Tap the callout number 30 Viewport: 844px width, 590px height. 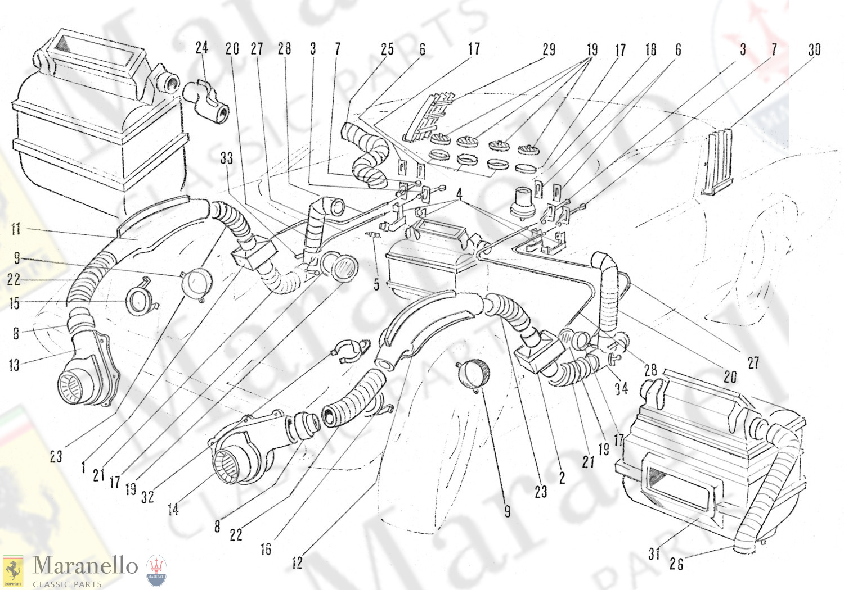tap(814, 50)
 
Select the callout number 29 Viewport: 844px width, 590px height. tap(549, 49)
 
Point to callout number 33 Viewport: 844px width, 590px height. tap(226, 158)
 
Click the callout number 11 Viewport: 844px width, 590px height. tap(16, 228)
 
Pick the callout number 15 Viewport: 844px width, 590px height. tap(15, 303)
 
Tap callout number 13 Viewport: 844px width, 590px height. tap(14, 365)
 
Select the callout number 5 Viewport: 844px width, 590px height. tap(376, 284)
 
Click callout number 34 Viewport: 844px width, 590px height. tap(621, 388)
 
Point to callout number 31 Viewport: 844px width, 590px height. tap(653, 553)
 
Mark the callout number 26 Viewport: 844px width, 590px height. tap(676, 564)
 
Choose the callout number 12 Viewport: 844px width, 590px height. tap(297, 562)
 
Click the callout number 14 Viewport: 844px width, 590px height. tap(173, 509)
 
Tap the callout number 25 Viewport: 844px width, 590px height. tap(387, 49)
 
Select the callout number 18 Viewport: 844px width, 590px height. tap(650, 49)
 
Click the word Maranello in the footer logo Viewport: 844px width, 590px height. tap(85, 566)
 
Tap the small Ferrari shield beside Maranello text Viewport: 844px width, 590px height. tap(12, 571)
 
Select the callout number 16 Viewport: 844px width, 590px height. tap(266, 549)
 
